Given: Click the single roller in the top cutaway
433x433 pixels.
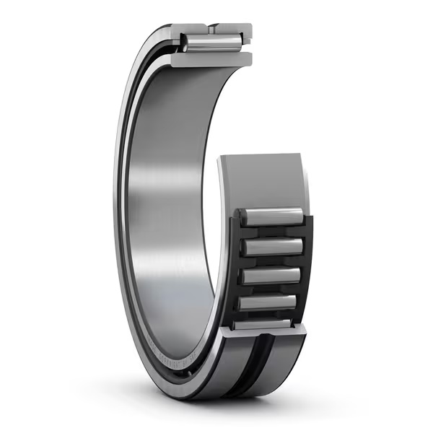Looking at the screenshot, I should (211, 43).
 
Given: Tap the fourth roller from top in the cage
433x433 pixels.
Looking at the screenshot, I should (268, 302).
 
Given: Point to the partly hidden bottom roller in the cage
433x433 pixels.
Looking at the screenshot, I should (263, 324).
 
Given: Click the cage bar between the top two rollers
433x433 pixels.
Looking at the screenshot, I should (274, 232).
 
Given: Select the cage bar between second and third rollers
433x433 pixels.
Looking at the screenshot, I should (273, 261).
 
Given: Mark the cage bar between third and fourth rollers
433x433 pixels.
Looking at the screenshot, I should (271, 289).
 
